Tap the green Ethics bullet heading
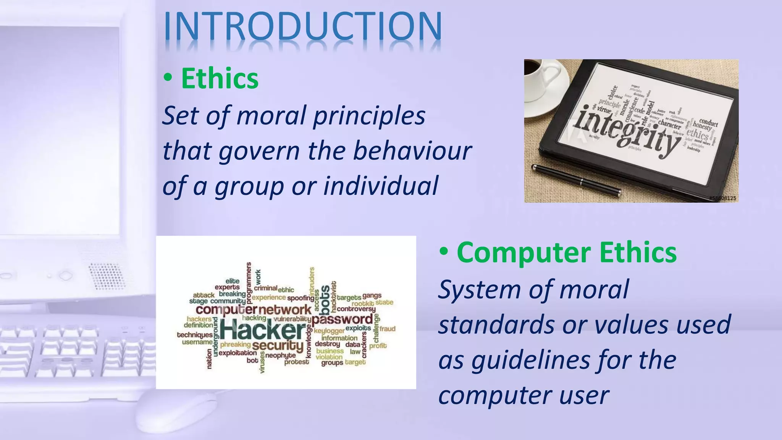pos(220,78)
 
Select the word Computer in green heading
pos(524,252)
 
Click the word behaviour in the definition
pos(412,150)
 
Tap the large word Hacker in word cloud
pos(263,330)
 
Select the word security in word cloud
pos(278,345)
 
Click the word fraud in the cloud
pos(387,329)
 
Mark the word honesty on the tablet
pos(702,126)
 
